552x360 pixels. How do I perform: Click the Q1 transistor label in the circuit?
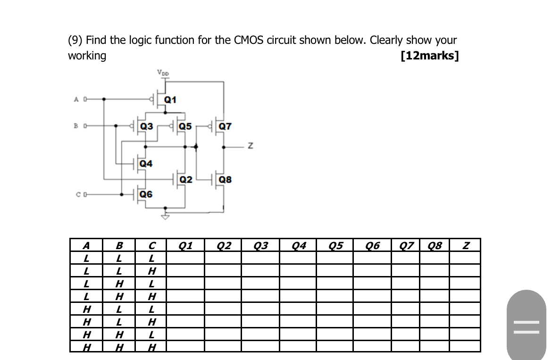pyautogui.click(x=170, y=100)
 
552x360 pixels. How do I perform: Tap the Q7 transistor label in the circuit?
pyautogui.click(x=226, y=126)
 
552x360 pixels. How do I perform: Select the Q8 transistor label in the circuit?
pyautogui.click(x=226, y=180)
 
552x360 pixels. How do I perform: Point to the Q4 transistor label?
pyautogui.click(x=146, y=164)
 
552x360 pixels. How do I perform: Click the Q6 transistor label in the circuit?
pyautogui.click(x=146, y=194)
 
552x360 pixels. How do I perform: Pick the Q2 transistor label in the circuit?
pyautogui.click(x=186, y=180)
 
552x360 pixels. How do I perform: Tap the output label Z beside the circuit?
pyautogui.click(x=251, y=147)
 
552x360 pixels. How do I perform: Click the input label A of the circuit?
pyautogui.click(x=76, y=100)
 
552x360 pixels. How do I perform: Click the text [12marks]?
pyautogui.click(x=429, y=56)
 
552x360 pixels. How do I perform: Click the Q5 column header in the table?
pyautogui.click(x=335, y=245)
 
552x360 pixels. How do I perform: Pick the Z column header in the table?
pyautogui.click(x=466, y=245)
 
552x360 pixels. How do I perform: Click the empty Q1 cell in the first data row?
pyautogui.click(x=185, y=258)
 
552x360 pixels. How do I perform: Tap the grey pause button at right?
pyautogui.click(x=526, y=326)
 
